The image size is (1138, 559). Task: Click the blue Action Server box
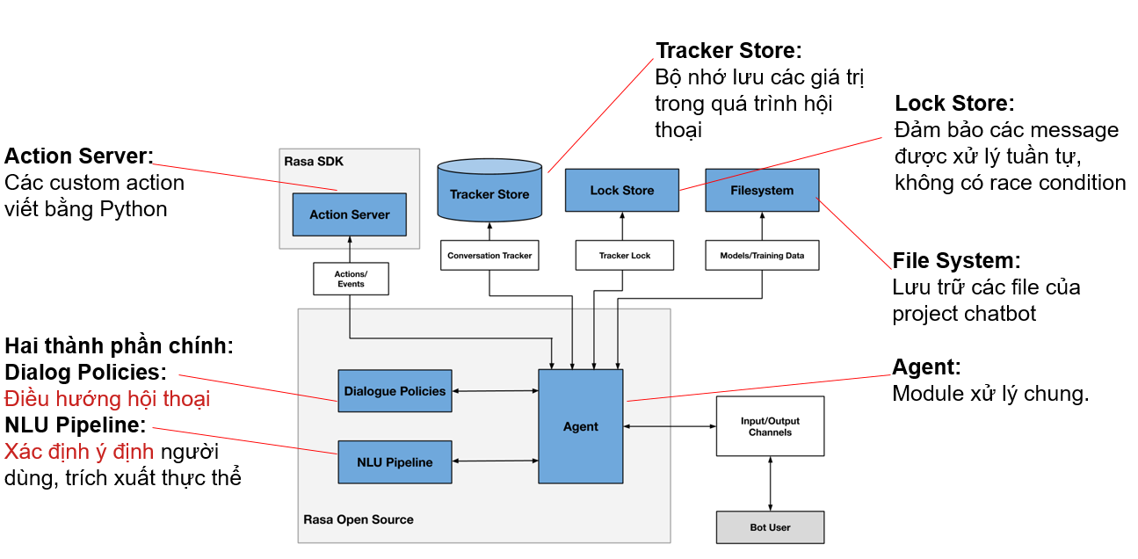point(349,214)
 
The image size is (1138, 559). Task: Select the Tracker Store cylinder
point(489,191)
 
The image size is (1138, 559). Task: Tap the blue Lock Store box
point(621,190)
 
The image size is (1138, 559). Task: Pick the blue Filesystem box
point(762,190)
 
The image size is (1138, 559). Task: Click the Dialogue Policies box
point(395,391)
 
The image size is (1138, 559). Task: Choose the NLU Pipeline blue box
point(395,461)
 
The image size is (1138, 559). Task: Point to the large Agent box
point(580,426)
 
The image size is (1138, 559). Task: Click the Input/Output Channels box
point(770,426)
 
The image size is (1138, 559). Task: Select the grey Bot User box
point(770,527)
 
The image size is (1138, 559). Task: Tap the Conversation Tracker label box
point(489,256)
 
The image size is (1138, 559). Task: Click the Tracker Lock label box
point(625,256)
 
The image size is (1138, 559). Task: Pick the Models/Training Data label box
point(762,256)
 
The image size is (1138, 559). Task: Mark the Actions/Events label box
point(351,279)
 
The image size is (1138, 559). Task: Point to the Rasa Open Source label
point(358,519)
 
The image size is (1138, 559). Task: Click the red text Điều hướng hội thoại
point(107,399)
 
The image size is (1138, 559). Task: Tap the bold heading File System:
point(956,261)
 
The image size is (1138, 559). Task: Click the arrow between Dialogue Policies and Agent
point(495,391)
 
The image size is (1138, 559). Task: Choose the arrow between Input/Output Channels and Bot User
point(771,483)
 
